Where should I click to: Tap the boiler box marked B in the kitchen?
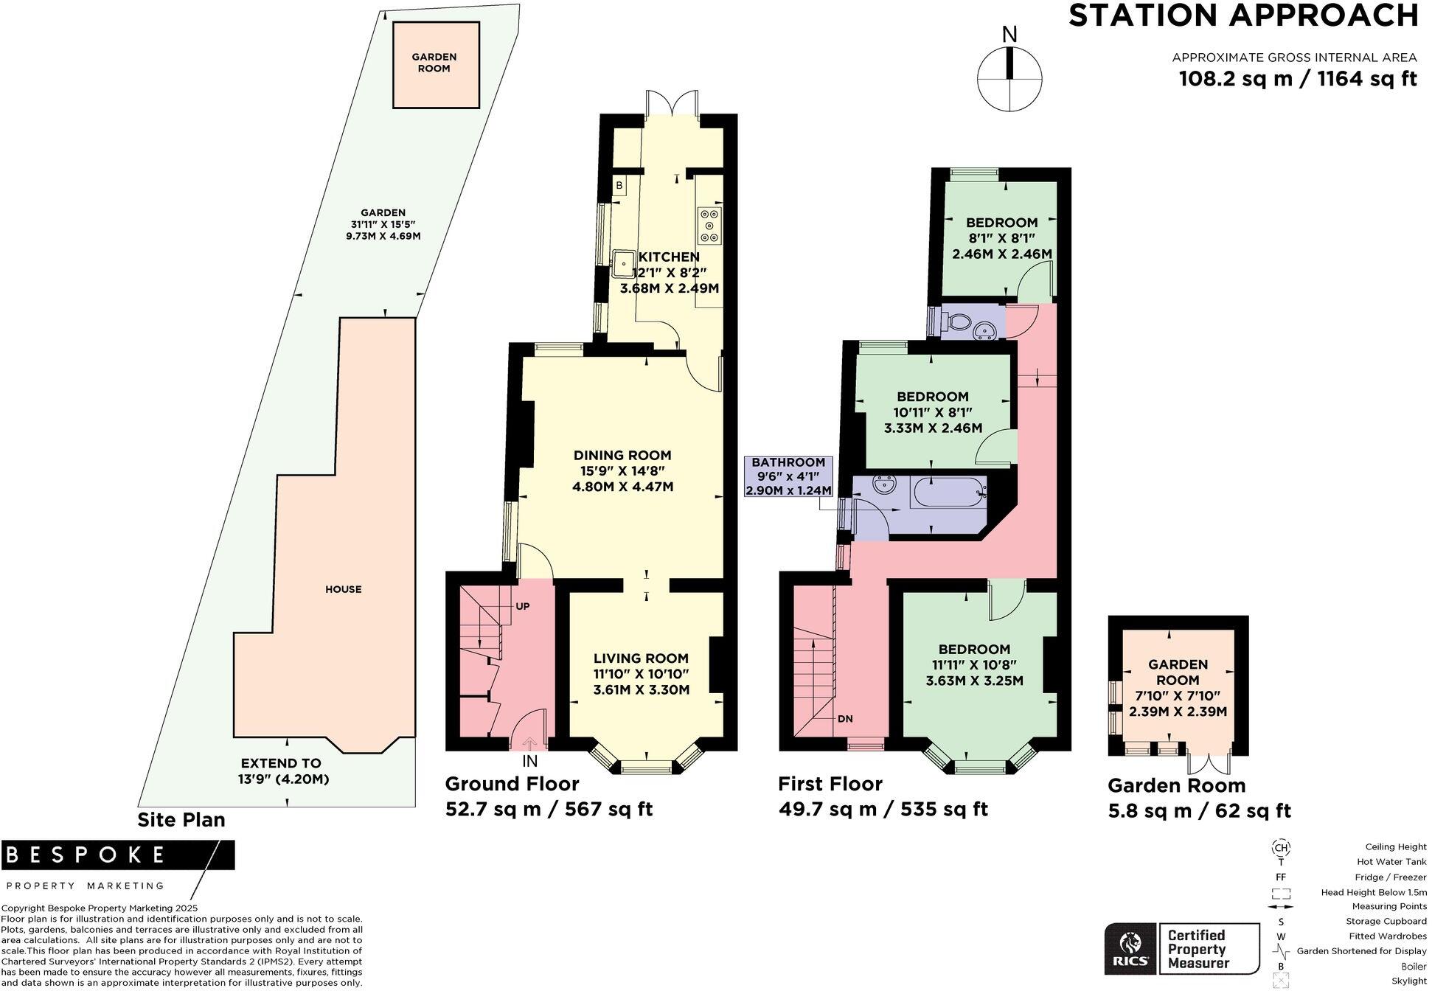pyautogui.click(x=619, y=186)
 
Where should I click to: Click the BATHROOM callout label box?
pyautogui.click(x=788, y=476)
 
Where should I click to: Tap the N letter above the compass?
pyautogui.click(x=1009, y=35)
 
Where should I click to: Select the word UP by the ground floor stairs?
pyautogui.click(x=522, y=606)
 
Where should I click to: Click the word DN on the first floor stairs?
pyautogui.click(x=845, y=718)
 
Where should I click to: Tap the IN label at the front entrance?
pyautogui.click(x=529, y=761)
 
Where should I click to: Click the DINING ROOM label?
pyautogui.click(x=622, y=455)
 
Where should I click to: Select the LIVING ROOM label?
pyautogui.click(x=641, y=658)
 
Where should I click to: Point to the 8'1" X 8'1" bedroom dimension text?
pyautogui.click(x=1001, y=238)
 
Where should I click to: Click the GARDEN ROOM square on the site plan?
pyautogui.click(x=435, y=65)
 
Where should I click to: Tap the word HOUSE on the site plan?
pyautogui.click(x=343, y=589)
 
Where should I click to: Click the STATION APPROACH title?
pyautogui.click(x=1242, y=16)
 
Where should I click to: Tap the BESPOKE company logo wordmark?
pyautogui.click(x=85, y=855)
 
